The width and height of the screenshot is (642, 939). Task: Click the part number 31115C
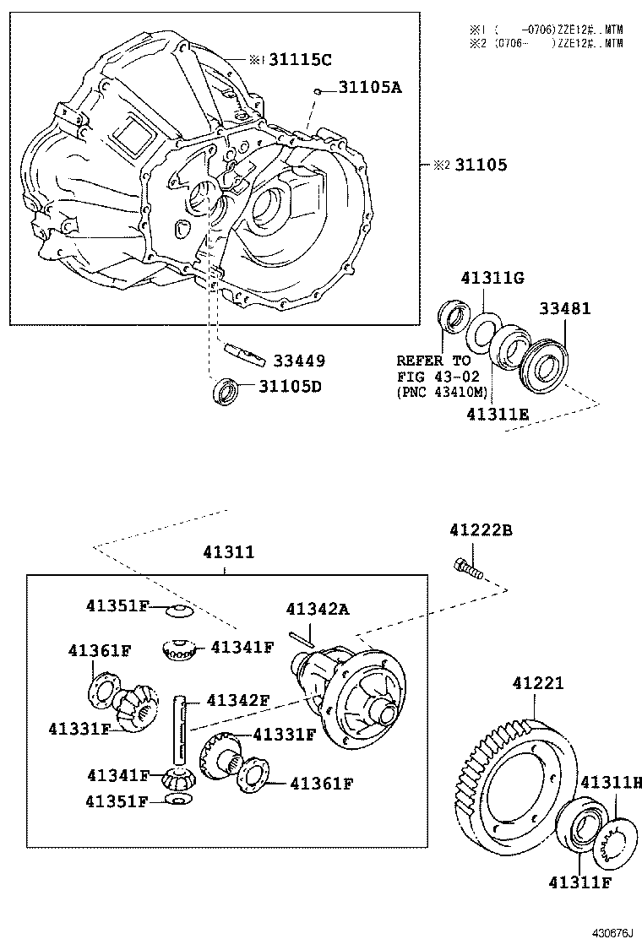click(301, 60)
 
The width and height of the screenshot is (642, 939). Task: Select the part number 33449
click(298, 361)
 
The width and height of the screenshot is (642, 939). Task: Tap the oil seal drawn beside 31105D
click(225, 391)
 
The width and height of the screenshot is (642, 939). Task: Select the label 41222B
click(481, 530)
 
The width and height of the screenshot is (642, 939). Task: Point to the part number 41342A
click(317, 609)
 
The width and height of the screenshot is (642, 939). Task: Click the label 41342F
click(237, 700)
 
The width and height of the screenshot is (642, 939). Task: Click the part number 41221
click(536, 683)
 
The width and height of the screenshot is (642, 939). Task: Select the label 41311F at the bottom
click(579, 883)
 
